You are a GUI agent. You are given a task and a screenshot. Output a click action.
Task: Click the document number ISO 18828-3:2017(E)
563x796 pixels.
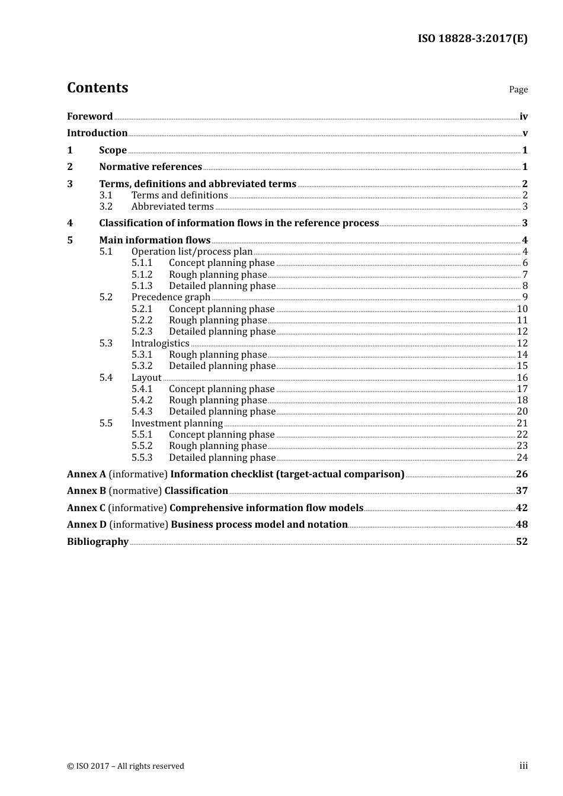pos(472,38)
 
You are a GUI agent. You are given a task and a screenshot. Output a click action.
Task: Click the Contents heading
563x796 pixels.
pos(97,88)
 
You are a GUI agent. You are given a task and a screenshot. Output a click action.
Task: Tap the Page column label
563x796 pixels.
pos(518,89)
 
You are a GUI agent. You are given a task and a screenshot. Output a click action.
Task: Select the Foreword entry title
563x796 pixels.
pos(89,117)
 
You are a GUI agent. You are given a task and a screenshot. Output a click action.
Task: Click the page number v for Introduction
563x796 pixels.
pos(524,133)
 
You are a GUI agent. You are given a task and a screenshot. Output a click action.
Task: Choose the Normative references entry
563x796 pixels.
pos(151,167)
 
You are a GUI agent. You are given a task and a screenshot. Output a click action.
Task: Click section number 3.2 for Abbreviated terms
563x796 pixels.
pos(105,207)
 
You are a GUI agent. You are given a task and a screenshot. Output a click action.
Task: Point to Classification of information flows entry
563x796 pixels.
pos(239,223)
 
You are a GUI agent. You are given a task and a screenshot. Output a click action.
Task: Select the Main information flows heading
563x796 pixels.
pos(155,240)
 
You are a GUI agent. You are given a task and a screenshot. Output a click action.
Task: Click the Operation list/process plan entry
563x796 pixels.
pos(192,252)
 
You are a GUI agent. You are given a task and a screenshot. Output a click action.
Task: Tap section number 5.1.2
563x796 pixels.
pos(142,275)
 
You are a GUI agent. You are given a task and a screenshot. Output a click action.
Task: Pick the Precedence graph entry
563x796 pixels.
pos(171,297)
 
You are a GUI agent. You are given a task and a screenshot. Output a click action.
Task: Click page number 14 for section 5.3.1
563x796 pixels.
pos(522,355)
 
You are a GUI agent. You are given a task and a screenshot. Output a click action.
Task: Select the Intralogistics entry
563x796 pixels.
pos(160,344)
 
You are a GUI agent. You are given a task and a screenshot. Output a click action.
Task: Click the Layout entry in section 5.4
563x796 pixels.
pos(146,378)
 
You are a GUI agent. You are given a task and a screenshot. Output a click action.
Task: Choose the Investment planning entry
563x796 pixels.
pos(177,423)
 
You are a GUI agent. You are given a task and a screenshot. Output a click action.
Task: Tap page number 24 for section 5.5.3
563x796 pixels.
pos(522,458)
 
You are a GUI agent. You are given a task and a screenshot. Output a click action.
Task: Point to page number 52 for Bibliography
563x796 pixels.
pos(522,542)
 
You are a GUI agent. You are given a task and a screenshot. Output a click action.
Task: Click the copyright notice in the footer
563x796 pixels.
pos(126,766)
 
